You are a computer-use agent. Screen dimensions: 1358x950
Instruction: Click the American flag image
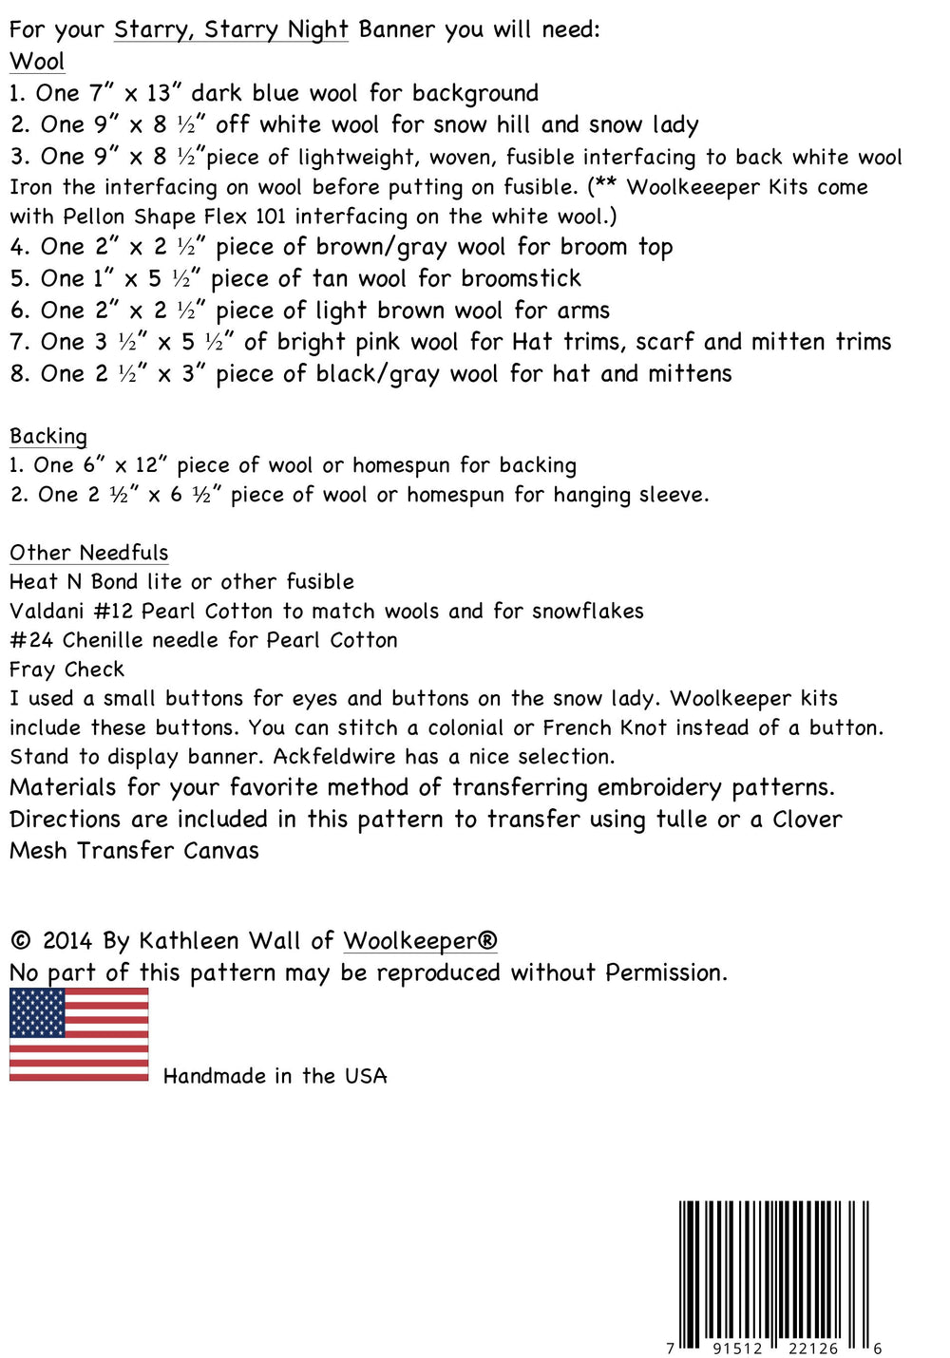coord(79,1034)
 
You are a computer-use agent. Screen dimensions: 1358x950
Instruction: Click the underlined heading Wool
coord(37,62)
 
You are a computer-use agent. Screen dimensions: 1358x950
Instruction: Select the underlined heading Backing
coord(48,436)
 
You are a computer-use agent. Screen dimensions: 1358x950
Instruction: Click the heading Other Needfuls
coord(89,553)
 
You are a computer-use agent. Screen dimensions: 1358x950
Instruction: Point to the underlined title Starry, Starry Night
coord(231,29)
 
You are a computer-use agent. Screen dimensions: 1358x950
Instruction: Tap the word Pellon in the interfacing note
coord(93,216)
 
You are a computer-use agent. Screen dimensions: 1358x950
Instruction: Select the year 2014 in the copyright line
coord(67,941)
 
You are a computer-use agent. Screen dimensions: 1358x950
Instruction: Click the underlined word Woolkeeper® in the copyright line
coord(420,941)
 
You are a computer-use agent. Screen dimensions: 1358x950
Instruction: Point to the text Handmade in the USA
coord(275,1076)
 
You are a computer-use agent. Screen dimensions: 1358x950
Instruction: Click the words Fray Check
coord(66,670)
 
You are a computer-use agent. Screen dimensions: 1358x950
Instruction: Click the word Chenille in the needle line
coord(103,640)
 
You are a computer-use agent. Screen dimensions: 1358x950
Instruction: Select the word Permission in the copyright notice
coord(666,972)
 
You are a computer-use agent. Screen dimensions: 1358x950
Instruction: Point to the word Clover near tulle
coord(807,819)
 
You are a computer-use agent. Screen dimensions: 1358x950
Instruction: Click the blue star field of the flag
coord(38,1012)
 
